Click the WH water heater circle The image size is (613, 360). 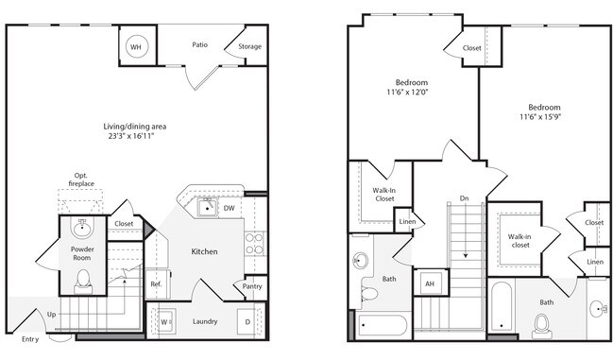point(136,46)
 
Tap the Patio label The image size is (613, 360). point(200,44)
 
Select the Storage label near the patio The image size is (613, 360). point(249,46)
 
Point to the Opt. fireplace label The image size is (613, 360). point(81,179)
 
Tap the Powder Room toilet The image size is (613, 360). point(82,280)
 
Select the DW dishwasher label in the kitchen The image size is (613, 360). point(230,208)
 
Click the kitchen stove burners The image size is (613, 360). point(253,245)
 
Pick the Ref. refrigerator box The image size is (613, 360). point(157,283)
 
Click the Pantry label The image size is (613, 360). point(251,286)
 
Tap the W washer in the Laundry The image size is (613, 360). point(164,319)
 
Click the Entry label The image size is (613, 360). point(30,338)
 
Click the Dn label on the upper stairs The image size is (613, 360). point(463,198)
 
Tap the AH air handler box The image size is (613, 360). point(429,283)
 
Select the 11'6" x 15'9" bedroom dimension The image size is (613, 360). point(544,118)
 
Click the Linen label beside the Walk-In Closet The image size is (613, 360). point(407,222)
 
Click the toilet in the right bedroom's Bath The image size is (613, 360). point(541,326)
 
